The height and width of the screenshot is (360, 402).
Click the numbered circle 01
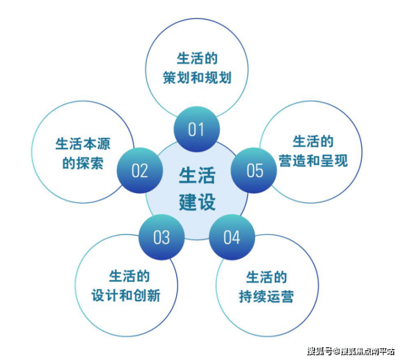(x=196, y=130)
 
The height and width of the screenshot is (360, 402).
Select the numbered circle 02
(x=140, y=171)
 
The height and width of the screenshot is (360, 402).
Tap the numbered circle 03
(x=161, y=237)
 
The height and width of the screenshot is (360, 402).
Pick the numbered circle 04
(x=231, y=237)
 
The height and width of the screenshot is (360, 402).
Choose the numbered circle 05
(x=254, y=171)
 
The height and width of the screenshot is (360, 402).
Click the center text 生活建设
(x=197, y=188)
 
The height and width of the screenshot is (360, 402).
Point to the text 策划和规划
(x=197, y=78)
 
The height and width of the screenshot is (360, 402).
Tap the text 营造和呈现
(x=313, y=161)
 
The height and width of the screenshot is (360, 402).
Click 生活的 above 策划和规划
(x=197, y=58)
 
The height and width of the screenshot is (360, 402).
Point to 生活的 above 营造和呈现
(x=313, y=142)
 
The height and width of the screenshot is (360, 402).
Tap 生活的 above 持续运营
(x=267, y=277)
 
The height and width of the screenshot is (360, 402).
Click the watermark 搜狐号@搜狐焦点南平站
(x=350, y=350)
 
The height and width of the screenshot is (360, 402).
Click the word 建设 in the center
(x=197, y=201)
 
